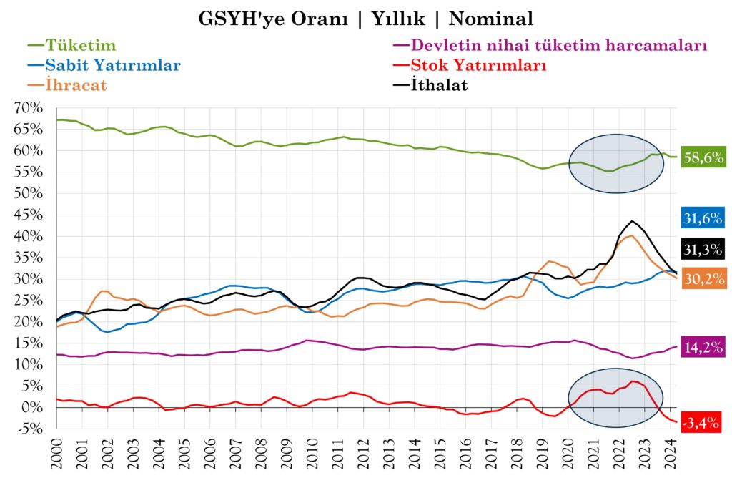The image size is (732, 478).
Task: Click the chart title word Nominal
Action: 493,18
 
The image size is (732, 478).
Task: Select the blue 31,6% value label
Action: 703,219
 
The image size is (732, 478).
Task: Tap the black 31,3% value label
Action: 703,249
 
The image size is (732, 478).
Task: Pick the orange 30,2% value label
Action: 703,278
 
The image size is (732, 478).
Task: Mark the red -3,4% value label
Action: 702,423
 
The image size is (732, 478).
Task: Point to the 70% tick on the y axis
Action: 29,108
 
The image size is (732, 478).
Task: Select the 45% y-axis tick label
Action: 29,215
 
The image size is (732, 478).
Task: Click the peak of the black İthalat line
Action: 632,221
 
